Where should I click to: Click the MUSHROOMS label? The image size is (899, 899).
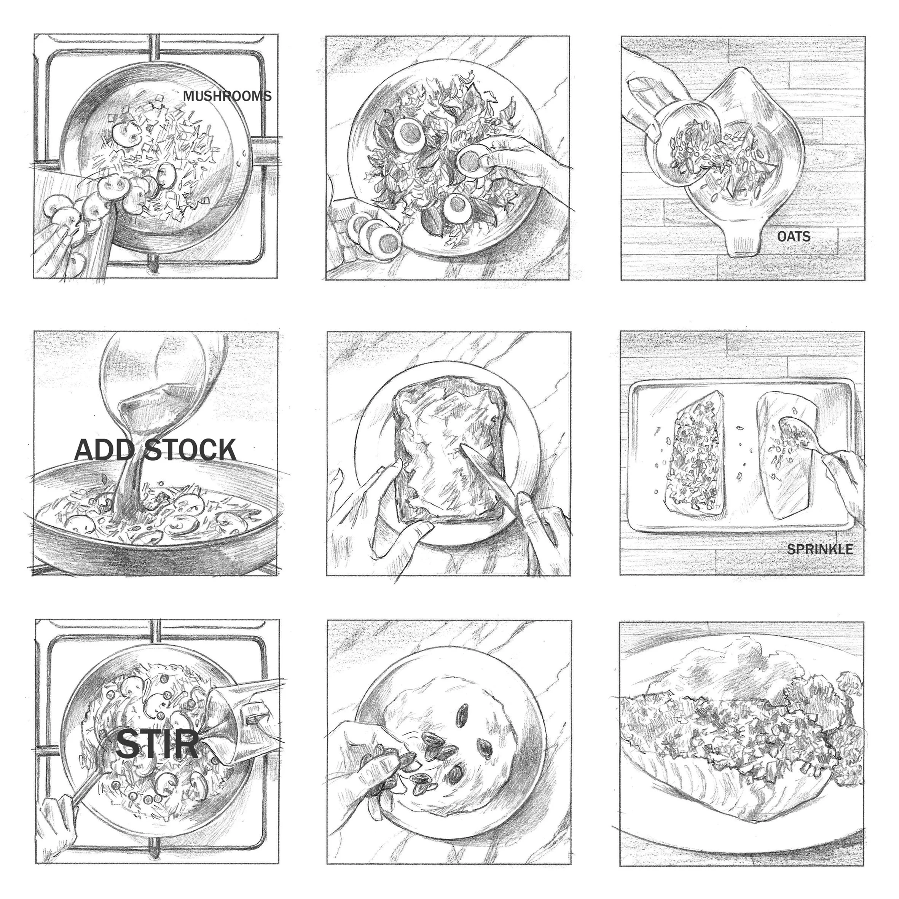pos(227,96)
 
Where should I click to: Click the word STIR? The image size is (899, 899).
pos(157,744)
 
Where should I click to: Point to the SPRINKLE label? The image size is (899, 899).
pos(819,549)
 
